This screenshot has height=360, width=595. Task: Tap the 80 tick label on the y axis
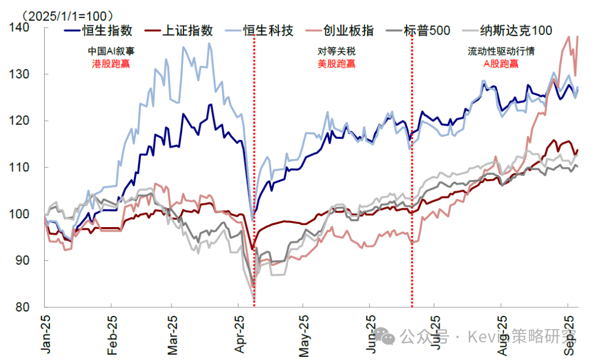click(33, 307)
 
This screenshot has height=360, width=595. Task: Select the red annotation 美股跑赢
click(337, 63)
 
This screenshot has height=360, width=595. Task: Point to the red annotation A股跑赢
click(501, 63)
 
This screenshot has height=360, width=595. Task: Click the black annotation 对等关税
click(337, 52)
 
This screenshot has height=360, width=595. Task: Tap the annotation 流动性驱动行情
click(501, 52)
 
